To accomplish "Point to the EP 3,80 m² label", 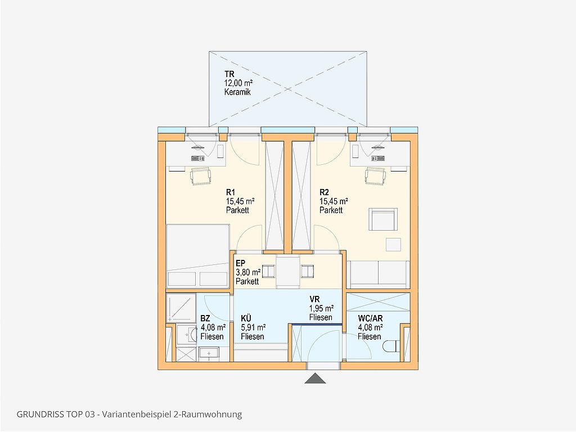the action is [248, 272].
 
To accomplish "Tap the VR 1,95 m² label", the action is [321, 308].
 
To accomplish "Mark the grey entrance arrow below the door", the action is [315, 378].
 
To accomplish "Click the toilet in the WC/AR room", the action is [391, 346].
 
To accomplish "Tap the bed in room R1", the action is [197, 256].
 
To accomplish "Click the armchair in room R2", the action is [383, 219].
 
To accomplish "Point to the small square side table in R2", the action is [393, 245].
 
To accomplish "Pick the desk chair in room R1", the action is [201, 176].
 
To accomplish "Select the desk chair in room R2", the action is [376, 176].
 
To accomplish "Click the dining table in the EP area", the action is [289, 272].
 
